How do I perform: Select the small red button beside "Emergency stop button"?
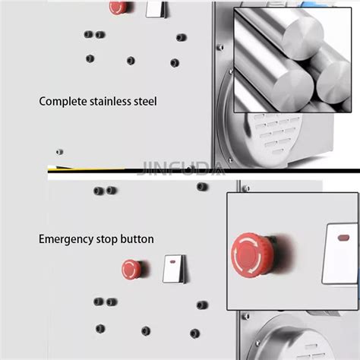[x=131, y=268]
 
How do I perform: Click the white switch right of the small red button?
[x=174, y=268]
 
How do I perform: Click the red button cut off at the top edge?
[x=118, y=8]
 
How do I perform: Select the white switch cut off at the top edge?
[x=156, y=8]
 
